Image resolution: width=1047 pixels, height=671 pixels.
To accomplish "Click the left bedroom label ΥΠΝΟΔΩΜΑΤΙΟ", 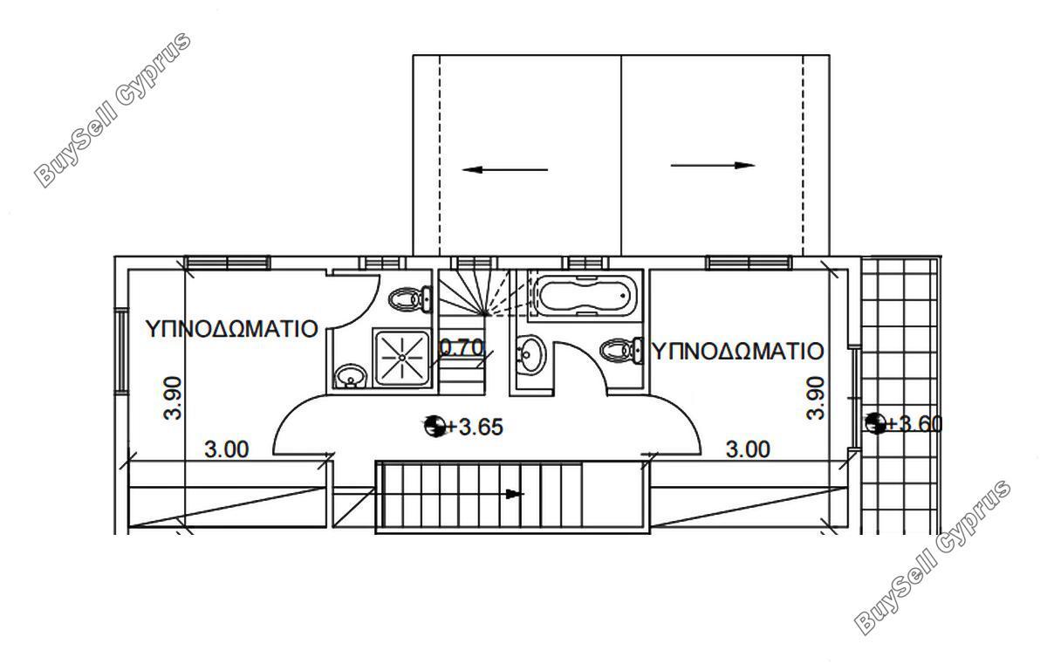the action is pyautogui.click(x=232, y=329).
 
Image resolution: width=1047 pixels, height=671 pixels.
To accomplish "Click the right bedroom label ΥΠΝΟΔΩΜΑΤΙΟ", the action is pyautogui.click(x=737, y=351).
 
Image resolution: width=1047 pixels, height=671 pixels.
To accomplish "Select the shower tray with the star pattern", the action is pyautogui.click(x=402, y=357).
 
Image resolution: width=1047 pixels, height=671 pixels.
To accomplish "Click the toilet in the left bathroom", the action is pyautogui.click(x=410, y=298).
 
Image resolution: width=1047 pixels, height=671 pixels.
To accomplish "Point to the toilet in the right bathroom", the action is pyautogui.click(x=620, y=350).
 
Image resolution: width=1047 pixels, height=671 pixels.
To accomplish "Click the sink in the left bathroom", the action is pyautogui.click(x=350, y=376).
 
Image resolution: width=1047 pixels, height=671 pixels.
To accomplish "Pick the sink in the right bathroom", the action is pyautogui.click(x=530, y=354).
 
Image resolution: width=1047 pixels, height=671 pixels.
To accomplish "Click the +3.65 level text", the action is pyautogui.click(x=475, y=427).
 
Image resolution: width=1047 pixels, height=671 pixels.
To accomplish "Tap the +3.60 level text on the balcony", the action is pyautogui.click(x=914, y=424).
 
